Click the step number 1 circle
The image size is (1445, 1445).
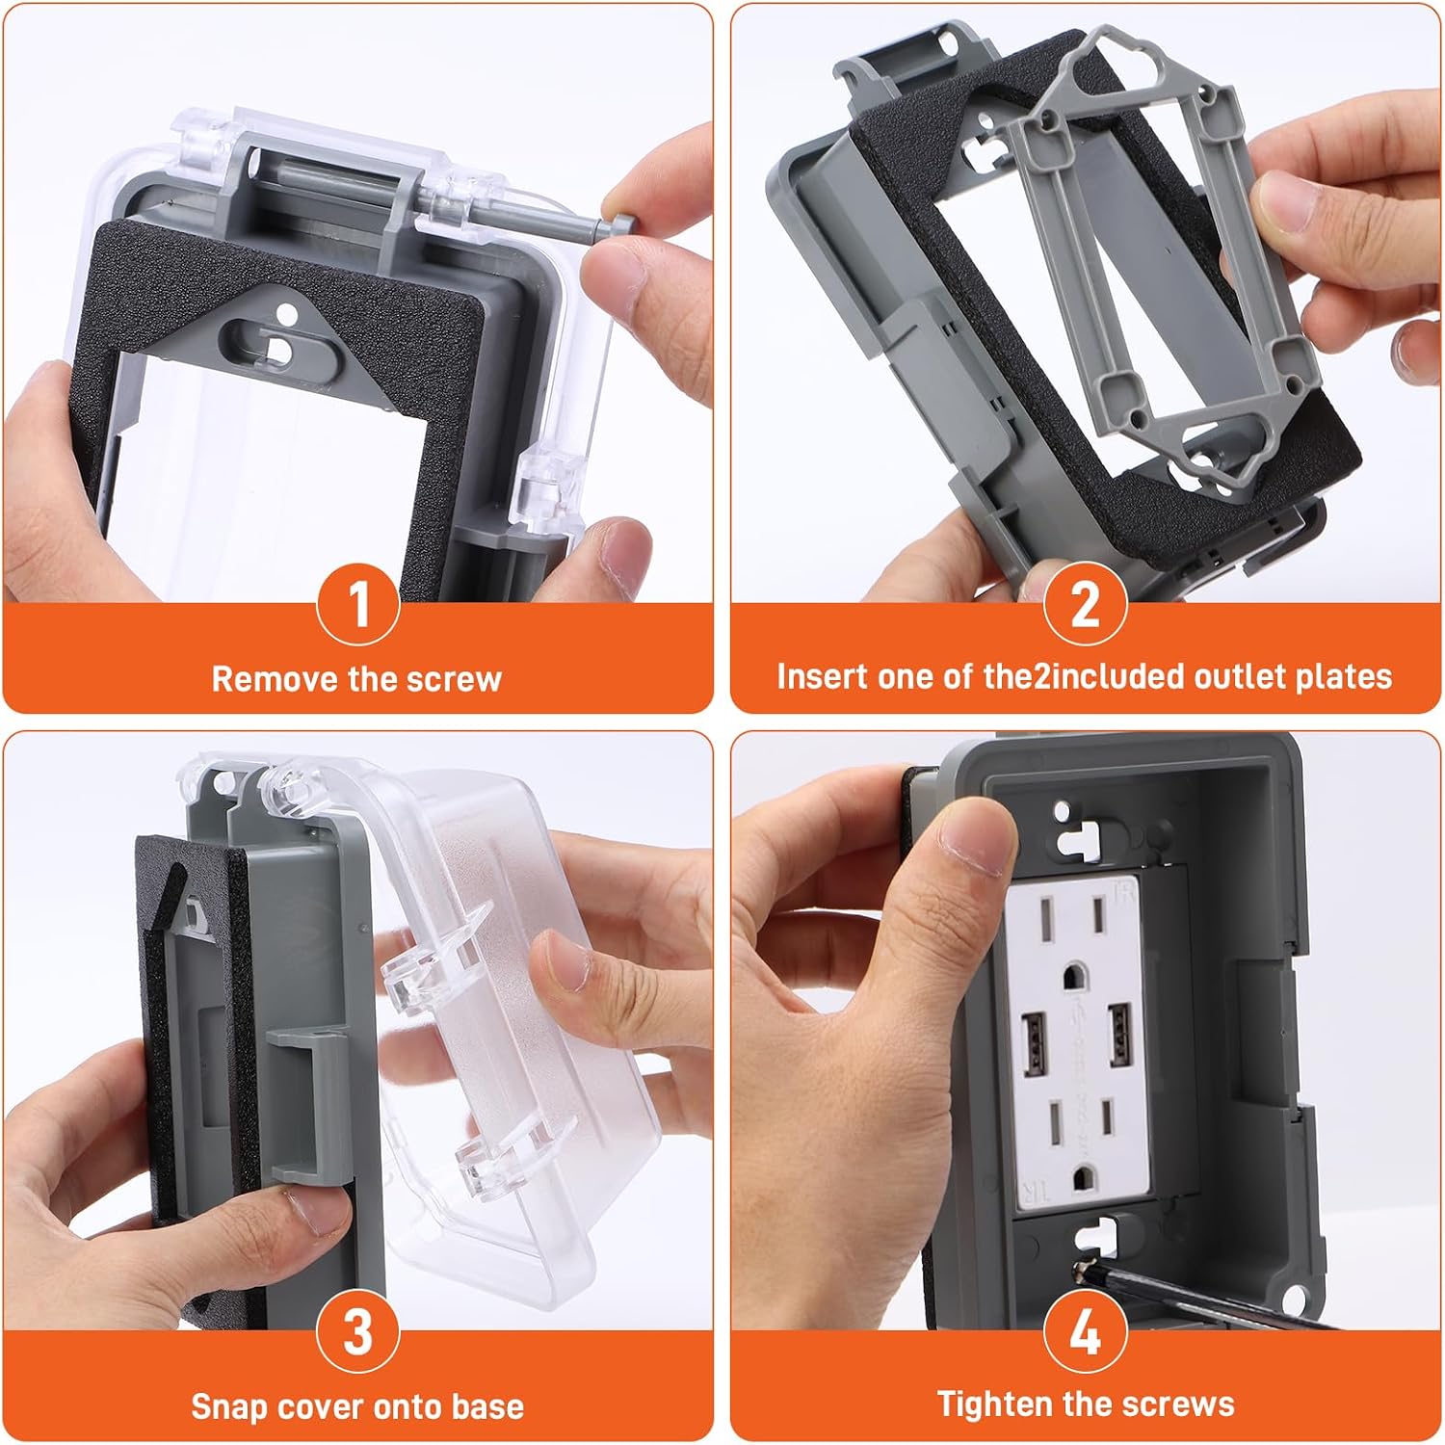click(x=358, y=605)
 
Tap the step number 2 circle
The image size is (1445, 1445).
click(x=1086, y=605)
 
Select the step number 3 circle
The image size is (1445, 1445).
click(x=358, y=1332)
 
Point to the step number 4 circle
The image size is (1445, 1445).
click(x=1086, y=1332)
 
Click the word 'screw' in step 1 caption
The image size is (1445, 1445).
click(x=454, y=679)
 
